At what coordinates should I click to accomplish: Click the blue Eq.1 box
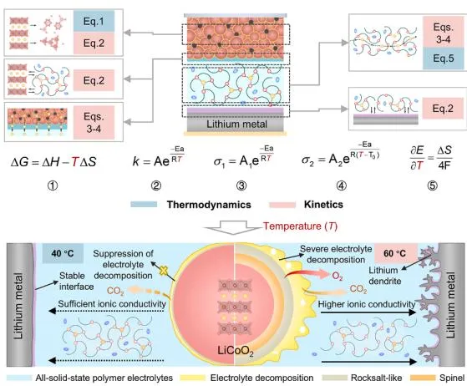[94, 21]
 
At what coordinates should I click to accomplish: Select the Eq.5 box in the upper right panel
[444, 58]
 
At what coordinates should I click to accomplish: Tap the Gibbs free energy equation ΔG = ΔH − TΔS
[53, 162]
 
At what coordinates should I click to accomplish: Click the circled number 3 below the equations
[241, 185]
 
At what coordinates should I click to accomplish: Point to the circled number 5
[433, 185]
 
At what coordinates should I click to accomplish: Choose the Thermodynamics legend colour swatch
[144, 205]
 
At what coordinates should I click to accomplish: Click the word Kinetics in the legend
[323, 205]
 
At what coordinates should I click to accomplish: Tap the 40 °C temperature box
[63, 253]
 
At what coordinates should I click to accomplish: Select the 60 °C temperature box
[395, 253]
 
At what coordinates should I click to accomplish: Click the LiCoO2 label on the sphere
[236, 351]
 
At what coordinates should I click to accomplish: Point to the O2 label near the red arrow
[338, 277]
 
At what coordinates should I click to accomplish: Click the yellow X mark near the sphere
[163, 271]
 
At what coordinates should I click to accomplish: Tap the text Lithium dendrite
[385, 276]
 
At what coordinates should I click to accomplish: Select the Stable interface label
[77, 281]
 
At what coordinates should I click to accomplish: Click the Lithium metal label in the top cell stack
[236, 124]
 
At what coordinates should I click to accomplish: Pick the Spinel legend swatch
[423, 378]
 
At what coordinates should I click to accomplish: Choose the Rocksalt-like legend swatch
[335, 378]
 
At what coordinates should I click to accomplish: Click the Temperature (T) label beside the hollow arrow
[300, 226]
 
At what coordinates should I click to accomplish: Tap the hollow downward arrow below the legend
[233, 227]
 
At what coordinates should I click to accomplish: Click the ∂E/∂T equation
[431, 158]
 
